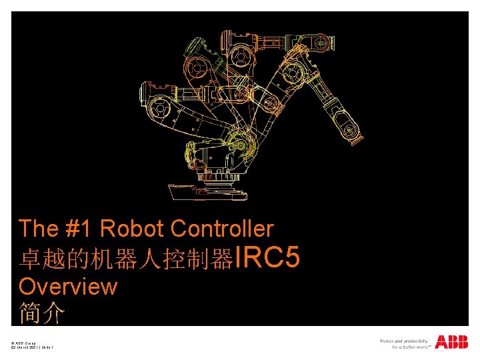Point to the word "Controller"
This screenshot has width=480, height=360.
222,229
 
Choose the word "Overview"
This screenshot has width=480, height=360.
68,287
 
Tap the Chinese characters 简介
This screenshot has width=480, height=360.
41,313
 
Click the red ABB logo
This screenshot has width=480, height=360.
451,342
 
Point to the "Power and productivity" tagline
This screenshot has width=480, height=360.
404,341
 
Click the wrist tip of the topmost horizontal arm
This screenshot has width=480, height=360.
323,44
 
